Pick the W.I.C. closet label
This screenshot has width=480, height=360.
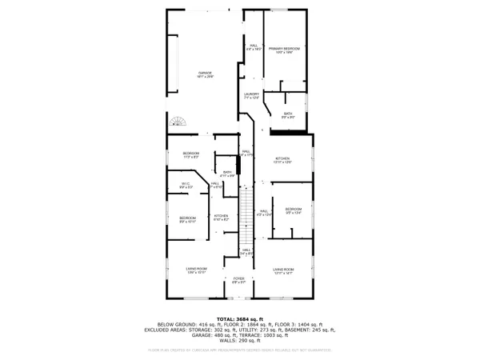coord(186,186)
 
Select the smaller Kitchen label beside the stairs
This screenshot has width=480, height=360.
coord(222,217)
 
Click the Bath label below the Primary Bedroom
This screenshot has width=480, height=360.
coord(288,116)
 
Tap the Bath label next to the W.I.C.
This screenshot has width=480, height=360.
coord(226,174)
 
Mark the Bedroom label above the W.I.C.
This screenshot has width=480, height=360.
coord(190,154)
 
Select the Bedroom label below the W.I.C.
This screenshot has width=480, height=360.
coord(186,219)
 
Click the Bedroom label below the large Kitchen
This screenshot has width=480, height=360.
coord(292,211)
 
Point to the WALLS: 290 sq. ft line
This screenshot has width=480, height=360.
coord(240,341)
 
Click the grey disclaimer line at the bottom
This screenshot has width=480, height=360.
coord(240,350)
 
